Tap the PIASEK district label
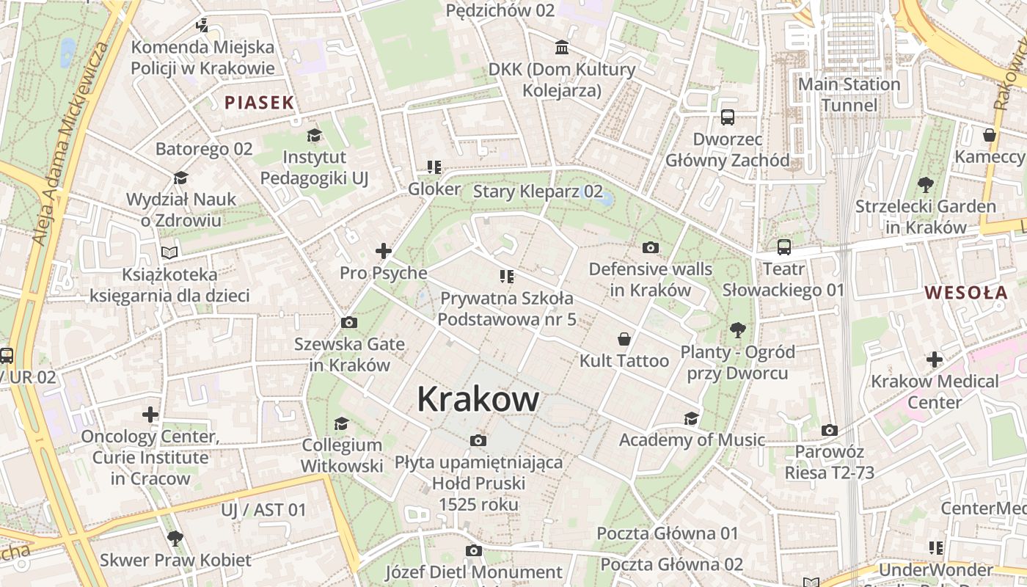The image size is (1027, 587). [259, 103]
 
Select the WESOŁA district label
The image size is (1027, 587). [965, 293]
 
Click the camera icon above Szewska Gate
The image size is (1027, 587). [349, 322]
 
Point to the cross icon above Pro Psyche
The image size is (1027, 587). [384, 252]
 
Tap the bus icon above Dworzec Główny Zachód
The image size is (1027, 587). [728, 117]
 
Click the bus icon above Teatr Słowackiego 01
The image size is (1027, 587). [784, 247]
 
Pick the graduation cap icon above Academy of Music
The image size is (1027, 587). [691, 418]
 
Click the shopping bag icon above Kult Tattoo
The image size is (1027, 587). [624, 339]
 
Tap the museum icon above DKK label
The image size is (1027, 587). [562, 48]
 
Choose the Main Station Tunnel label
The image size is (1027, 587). [849, 95]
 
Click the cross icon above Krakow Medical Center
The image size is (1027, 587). [935, 360]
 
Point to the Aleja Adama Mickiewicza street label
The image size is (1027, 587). [70, 143]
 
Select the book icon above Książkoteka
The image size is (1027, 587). [169, 253]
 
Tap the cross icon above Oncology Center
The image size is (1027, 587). [150, 415]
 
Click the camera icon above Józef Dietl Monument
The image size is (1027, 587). [474, 550]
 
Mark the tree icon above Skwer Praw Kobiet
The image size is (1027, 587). [175, 539]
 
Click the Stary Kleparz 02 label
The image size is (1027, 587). [538, 192]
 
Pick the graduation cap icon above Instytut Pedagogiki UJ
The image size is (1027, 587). [314, 136]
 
